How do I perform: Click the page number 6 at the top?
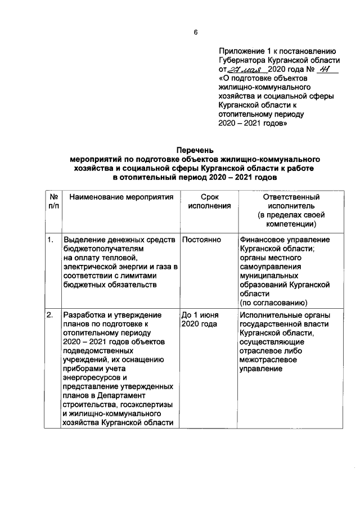click(x=195, y=32)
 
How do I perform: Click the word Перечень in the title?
click(x=195, y=150)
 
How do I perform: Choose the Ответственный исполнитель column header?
click(x=287, y=211)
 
